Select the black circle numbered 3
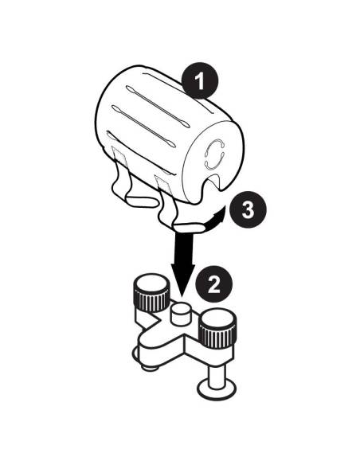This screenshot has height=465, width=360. coord(247,211)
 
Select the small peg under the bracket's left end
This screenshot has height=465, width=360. coord(147,366)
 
